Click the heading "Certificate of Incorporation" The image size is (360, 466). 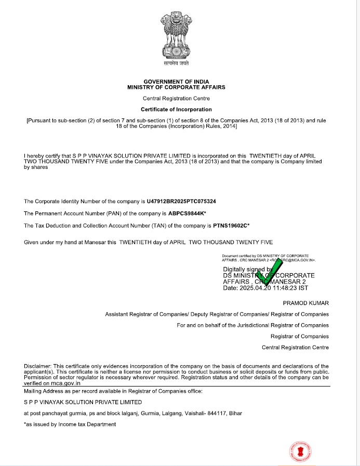pyautogui.click(x=177, y=110)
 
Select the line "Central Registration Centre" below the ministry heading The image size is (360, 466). pyautogui.click(x=177, y=98)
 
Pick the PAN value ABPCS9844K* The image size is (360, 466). pyautogui.click(x=188, y=214)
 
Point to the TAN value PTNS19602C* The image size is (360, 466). pyautogui.click(x=231, y=226)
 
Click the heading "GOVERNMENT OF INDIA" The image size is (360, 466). pyautogui.click(x=176, y=82)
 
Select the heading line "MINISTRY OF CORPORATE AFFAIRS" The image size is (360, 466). pyautogui.click(x=176, y=88)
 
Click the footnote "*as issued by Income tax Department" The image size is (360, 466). pyautogui.click(x=70, y=424)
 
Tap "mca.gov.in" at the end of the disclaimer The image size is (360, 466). pyautogui.click(x=51, y=383)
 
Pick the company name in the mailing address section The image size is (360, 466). pyautogui.click(x=83, y=402)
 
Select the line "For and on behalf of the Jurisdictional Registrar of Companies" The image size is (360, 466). pyautogui.click(x=252, y=325)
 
